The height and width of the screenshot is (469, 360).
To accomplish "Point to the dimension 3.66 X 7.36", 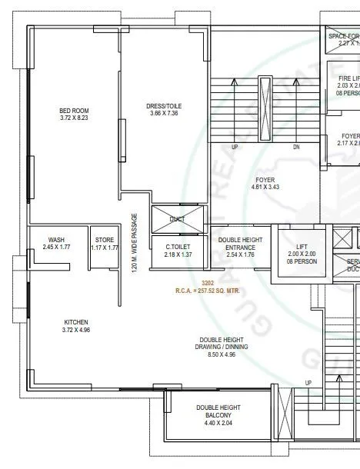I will [x=163, y=114].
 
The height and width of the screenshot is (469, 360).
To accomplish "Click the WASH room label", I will [x=55, y=239].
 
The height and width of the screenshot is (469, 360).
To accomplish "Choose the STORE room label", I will [x=104, y=239].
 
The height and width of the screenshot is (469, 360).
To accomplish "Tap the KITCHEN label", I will [x=75, y=321].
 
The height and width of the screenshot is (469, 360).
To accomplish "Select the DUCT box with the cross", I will [x=178, y=218].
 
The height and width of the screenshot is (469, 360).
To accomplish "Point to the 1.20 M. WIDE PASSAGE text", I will [x=134, y=244].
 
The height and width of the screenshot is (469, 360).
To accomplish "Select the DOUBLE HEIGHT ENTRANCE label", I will [x=241, y=243].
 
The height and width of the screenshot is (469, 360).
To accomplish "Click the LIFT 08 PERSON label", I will [x=301, y=254].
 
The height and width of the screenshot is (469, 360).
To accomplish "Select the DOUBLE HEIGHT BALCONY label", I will [x=218, y=411].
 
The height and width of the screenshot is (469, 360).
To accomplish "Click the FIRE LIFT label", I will [x=348, y=78].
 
